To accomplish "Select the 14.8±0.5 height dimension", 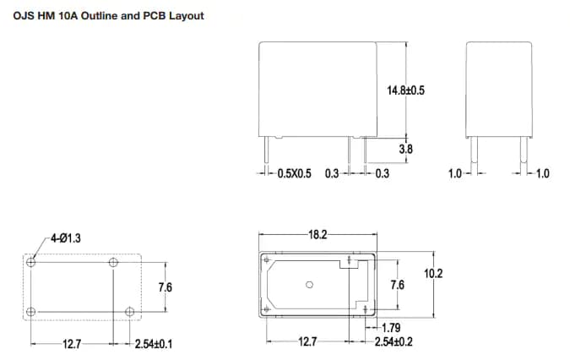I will (405, 90).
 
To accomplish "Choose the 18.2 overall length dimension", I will (318, 234).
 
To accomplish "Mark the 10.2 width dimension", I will (433, 273).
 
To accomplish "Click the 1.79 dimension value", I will (391, 328).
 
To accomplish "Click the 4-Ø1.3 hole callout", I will (65, 239).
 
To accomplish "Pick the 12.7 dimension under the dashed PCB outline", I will (72, 344).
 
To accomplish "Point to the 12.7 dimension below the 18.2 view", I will (307, 341).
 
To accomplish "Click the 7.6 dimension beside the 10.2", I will (397, 286).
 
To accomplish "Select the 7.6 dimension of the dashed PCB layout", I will (165, 287).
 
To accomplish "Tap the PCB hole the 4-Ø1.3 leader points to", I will (31, 263).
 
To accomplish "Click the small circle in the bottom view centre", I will (309, 285).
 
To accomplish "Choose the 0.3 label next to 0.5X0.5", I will (332, 174).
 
